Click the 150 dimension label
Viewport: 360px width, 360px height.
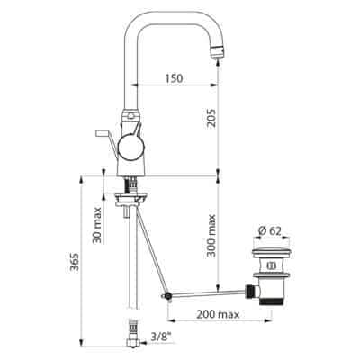pyautogui.click(x=174, y=78)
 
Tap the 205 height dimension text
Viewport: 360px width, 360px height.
pyautogui.click(x=211, y=118)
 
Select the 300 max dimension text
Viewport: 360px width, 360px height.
pyautogui.click(x=211, y=235)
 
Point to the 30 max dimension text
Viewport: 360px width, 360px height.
pyautogui.click(x=97, y=225)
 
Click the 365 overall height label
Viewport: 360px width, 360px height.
pyautogui.click(x=74, y=262)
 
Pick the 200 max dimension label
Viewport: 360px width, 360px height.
pyautogui.click(x=218, y=314)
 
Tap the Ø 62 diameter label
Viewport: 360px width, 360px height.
pyautogui.click(x=270, y=231)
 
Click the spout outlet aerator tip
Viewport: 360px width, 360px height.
pyautogui.click(x=217, y=53)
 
